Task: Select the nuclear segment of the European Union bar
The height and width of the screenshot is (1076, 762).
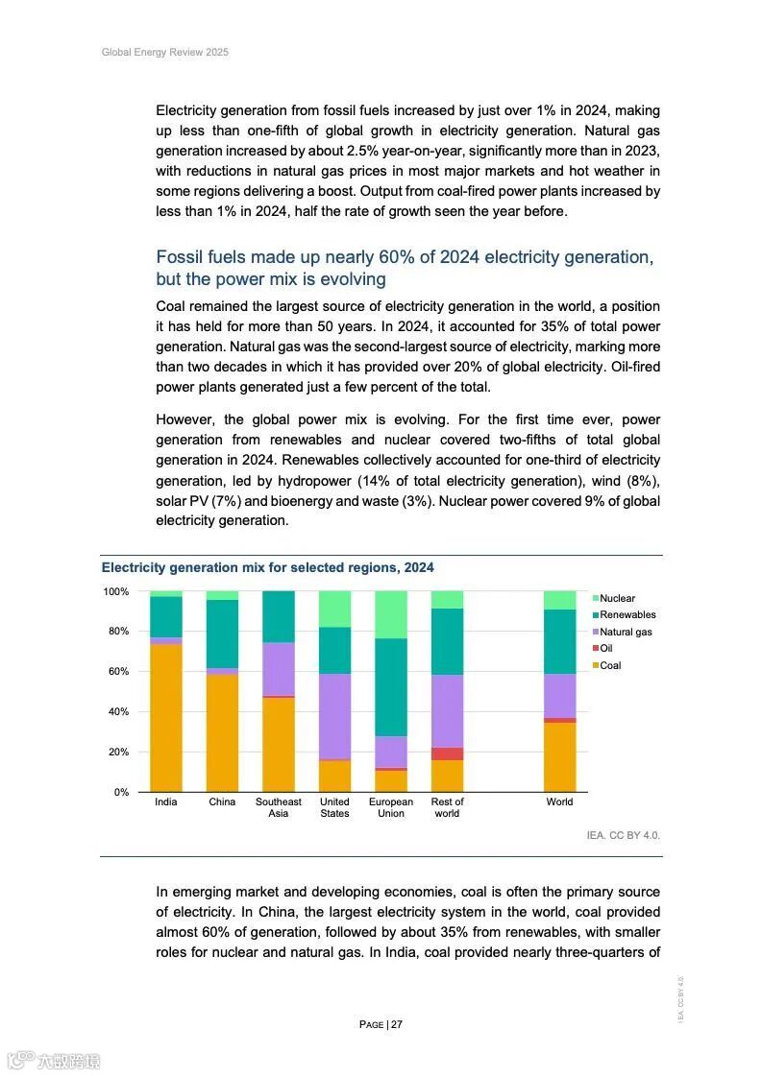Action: tap(391, 614)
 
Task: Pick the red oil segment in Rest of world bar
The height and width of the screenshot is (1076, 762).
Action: tap(447, 753)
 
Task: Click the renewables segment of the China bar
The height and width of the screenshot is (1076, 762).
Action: tap(222, 634)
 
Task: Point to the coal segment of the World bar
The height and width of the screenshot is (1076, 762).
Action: tap(559, 757)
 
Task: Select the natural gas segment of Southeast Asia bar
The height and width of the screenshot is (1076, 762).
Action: tap(279, 669)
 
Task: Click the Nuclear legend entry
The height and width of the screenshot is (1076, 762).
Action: tap(617, 598)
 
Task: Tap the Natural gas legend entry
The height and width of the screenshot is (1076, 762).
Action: tap(626, 632)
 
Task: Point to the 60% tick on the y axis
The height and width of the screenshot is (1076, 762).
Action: tap(116, 672)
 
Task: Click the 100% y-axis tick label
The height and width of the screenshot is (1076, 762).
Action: tap(115, 591)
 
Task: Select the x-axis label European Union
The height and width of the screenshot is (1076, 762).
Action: tap(391, 807)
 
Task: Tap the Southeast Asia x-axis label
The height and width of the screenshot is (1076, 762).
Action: tap(279, 807)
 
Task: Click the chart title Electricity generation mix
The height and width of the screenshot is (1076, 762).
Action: tap(268, 568)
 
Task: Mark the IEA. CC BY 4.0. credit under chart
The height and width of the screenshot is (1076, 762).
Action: tap(624, 835)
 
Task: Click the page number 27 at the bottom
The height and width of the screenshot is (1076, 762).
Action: tap(396, 1024)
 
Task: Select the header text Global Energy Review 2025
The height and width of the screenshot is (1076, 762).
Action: tap(165, 52)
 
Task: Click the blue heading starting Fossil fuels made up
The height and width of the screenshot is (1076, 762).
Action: tap(405, 268)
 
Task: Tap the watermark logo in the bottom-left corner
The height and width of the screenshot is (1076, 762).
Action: tap(54, 1061)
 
